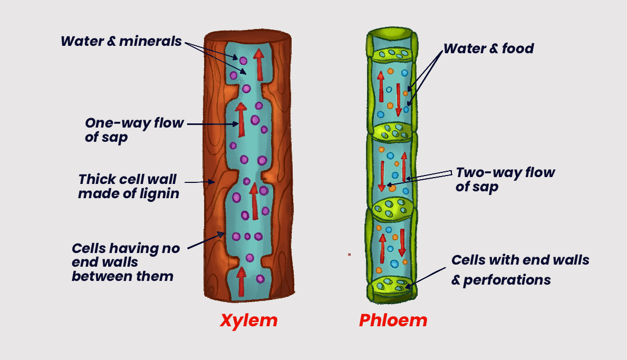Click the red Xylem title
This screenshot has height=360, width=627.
click(x=248, y=320)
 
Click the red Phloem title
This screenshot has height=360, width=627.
click(x=393, y=320)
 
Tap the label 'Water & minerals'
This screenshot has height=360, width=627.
click(x=121, y=41)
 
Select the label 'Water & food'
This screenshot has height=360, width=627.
click(x=488, y=49)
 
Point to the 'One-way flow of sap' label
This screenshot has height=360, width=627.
click(x=134, y=130)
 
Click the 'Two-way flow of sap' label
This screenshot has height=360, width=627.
click(x=505, y=179)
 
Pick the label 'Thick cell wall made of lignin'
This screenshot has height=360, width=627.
click(x=129, y=186)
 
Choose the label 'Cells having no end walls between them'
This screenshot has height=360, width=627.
click(x=126, y=261)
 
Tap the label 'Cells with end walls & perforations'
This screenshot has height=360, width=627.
click(x=520, y=269)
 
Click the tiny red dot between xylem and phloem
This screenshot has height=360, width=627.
click(x=349, y=255)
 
